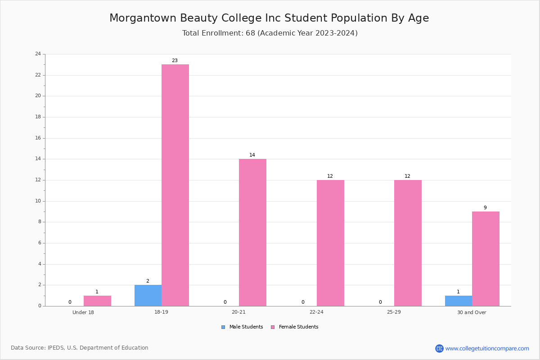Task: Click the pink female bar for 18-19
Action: (x=175, y=185)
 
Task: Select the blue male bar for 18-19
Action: (x=148, y=296)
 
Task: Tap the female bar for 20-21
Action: (x=252, y=233)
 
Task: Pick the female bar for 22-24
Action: (x=330, y=243)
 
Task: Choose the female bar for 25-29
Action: (x=408, y=243)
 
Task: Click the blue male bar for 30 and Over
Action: (x=459, y=301)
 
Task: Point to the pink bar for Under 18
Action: (x=97, y=301)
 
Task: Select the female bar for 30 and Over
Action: (x=486, y=259)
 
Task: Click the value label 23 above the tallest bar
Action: (x=175, y=60)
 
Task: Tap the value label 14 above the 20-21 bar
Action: (x=252, y=155)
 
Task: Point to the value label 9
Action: (x=485, y=207)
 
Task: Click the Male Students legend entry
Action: (x=242, y=327)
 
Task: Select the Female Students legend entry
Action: (x=295, y=327)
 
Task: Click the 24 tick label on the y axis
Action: (x=38, y=54)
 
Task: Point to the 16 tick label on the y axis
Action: (x=38, y=138)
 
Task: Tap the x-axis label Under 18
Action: (x=83, y=312)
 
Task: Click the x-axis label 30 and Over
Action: (x=472, y=312)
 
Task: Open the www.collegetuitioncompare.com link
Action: (x=487, y=348)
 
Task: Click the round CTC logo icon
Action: (x=440, y=348)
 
